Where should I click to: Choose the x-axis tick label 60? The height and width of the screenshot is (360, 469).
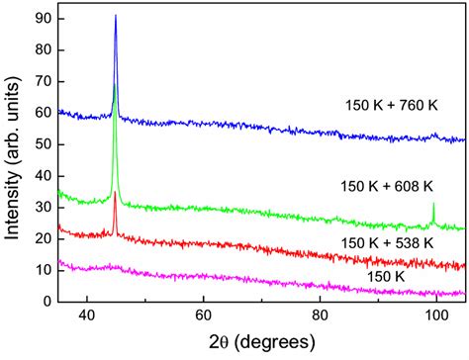[x=204, y=315]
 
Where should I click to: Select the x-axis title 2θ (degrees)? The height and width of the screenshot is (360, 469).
[x=259, y=341]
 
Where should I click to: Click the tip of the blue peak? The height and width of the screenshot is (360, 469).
[x=116, y=16]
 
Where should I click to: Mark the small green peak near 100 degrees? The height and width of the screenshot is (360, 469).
[x=433, y=205]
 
